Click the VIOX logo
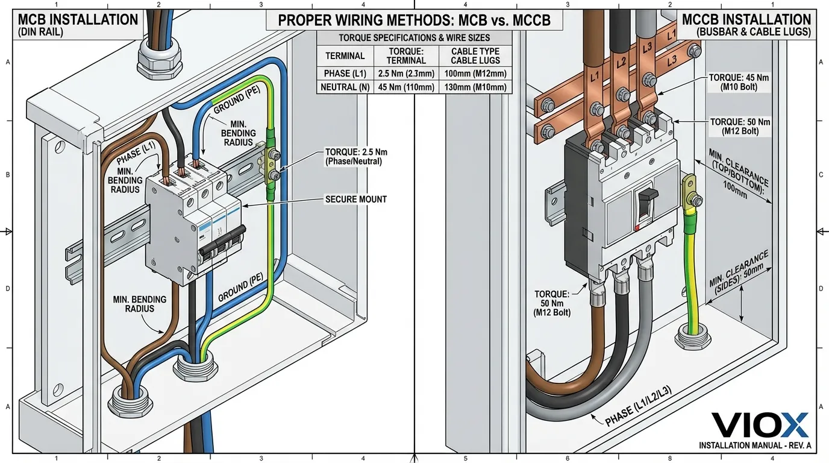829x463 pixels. (760, 426)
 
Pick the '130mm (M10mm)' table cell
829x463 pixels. (475, 87)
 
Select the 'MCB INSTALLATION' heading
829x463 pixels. (69, 19)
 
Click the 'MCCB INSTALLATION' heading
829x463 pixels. (746, 19)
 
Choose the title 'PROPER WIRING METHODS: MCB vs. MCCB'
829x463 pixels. (414, 20)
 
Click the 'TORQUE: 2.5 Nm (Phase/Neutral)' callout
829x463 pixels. (354, 157)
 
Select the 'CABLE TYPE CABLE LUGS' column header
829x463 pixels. (475, 56)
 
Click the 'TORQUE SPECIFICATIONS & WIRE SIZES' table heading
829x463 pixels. (414, 37)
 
